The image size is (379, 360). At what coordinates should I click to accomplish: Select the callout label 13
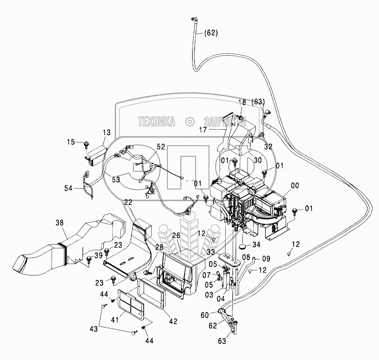106,133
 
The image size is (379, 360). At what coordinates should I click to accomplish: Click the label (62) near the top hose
211,33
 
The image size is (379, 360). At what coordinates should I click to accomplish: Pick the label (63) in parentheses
259,101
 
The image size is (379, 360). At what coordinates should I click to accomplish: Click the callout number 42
173,321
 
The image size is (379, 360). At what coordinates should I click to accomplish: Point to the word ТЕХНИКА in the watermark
156,122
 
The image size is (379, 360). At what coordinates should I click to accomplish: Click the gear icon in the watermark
189,122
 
